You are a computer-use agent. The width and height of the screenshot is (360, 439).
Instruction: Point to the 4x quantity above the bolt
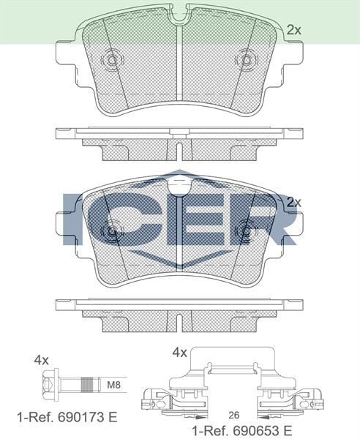(x=41, y=360)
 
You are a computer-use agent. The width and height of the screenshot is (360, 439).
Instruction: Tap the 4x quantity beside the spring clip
(x=179, y=353)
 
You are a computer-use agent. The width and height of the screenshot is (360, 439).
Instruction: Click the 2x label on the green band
(x=293, y=30)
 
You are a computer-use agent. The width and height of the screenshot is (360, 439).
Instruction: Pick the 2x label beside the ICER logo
(x=293, y=201)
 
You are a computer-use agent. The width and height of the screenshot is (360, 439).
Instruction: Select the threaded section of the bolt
(x=87, y=384)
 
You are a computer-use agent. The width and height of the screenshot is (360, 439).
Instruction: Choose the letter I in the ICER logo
(x=75, y=219)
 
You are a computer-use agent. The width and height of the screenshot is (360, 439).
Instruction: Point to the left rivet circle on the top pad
(x=112, y=60)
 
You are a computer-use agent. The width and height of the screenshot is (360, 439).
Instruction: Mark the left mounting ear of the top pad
(x=67, y=56)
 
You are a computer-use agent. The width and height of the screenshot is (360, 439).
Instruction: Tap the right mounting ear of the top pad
(x=291, y=56)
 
